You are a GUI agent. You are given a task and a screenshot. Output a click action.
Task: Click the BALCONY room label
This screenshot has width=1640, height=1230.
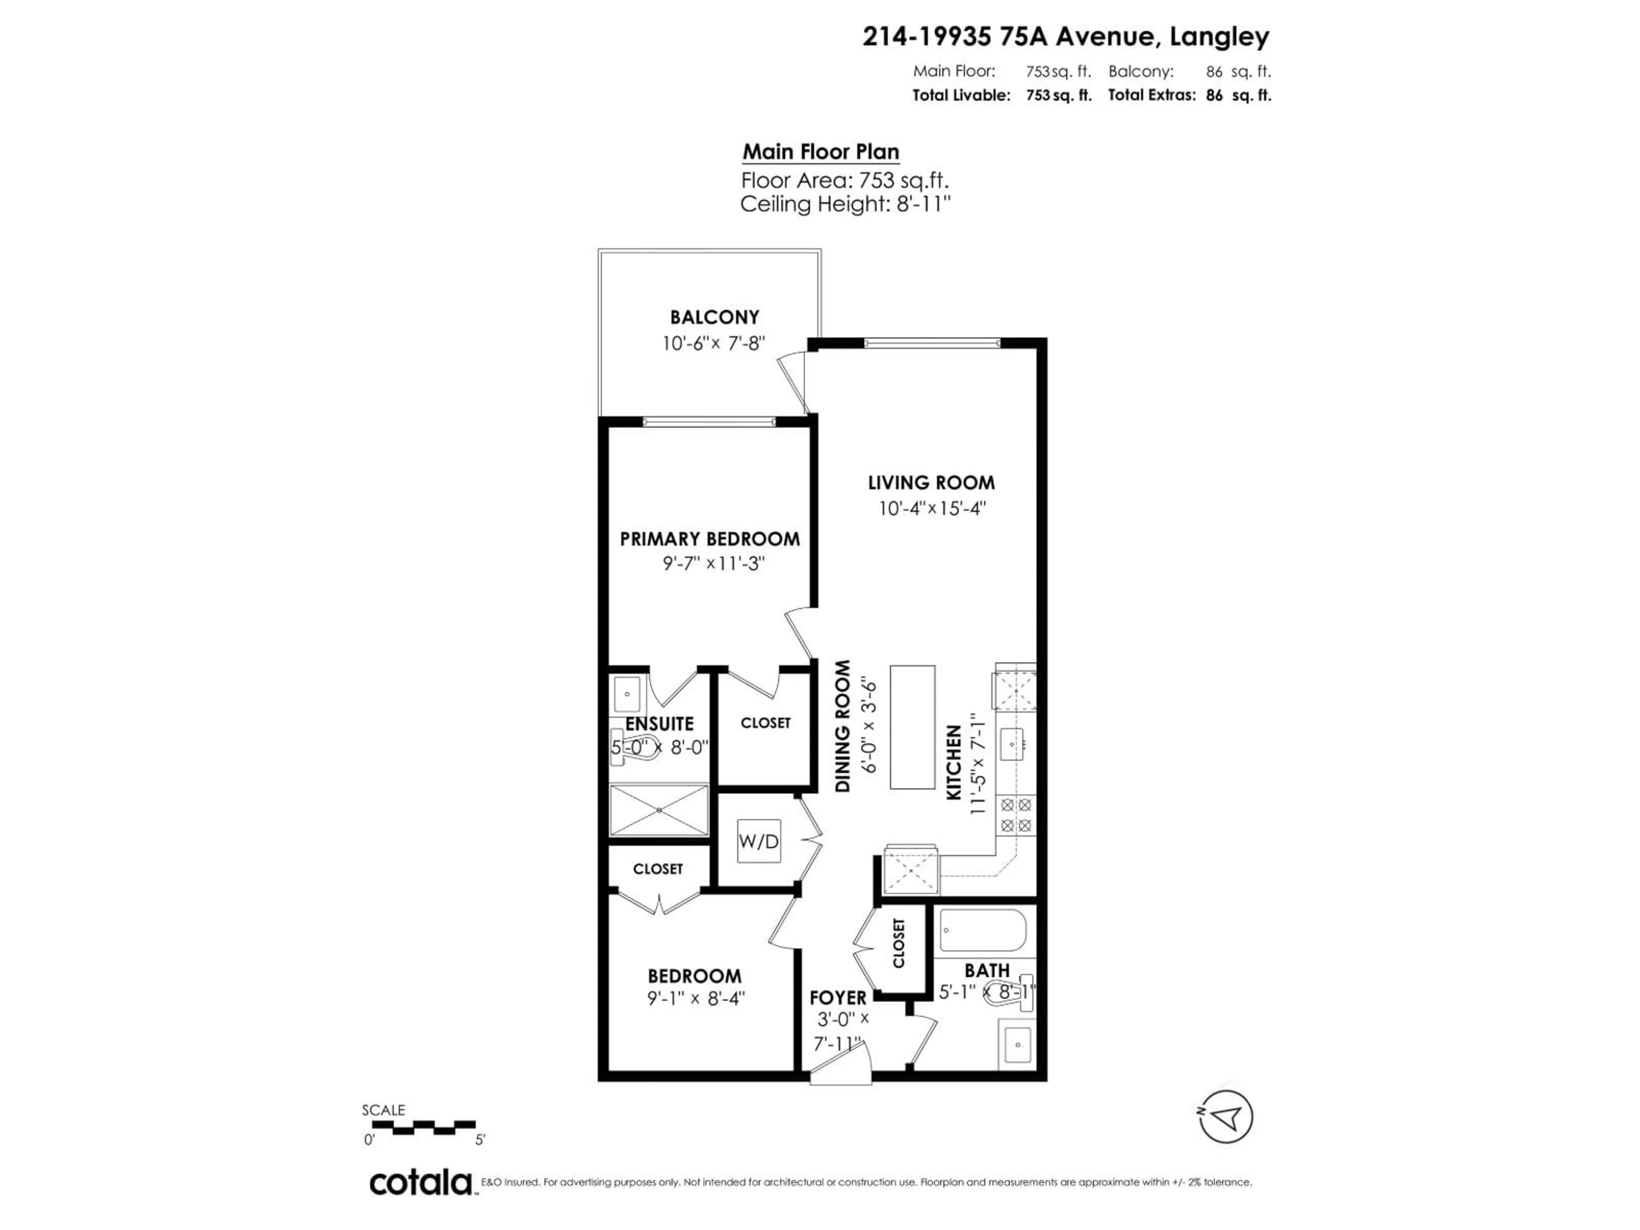714,317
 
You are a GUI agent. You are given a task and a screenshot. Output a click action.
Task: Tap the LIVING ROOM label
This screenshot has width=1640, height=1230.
931,483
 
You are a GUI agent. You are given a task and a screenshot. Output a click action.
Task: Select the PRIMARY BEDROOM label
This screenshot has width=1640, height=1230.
709,539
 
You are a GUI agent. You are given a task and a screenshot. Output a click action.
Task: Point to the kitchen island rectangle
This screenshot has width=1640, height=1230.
912,726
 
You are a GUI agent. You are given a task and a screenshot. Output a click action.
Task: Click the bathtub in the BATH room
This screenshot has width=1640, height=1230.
982,930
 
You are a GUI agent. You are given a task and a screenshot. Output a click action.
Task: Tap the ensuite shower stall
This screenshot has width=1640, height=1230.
659,810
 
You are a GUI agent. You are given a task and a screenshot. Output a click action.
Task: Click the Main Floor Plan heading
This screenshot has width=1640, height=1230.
821,152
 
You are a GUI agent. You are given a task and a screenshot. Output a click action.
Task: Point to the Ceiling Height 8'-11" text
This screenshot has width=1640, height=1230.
845,204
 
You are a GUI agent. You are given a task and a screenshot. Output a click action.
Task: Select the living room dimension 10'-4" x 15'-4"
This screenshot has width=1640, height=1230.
931,509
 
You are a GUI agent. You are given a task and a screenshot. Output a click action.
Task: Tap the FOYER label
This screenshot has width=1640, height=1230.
838,998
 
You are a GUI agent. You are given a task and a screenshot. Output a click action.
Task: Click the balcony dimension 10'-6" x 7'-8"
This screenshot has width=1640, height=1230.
713,343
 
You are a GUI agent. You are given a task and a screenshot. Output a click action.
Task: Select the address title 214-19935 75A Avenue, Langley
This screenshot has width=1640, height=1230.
1066,36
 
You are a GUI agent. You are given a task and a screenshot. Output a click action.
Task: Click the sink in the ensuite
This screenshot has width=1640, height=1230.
627,695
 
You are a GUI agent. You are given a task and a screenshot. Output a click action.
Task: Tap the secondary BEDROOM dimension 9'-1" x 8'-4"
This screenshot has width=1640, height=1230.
695,999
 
